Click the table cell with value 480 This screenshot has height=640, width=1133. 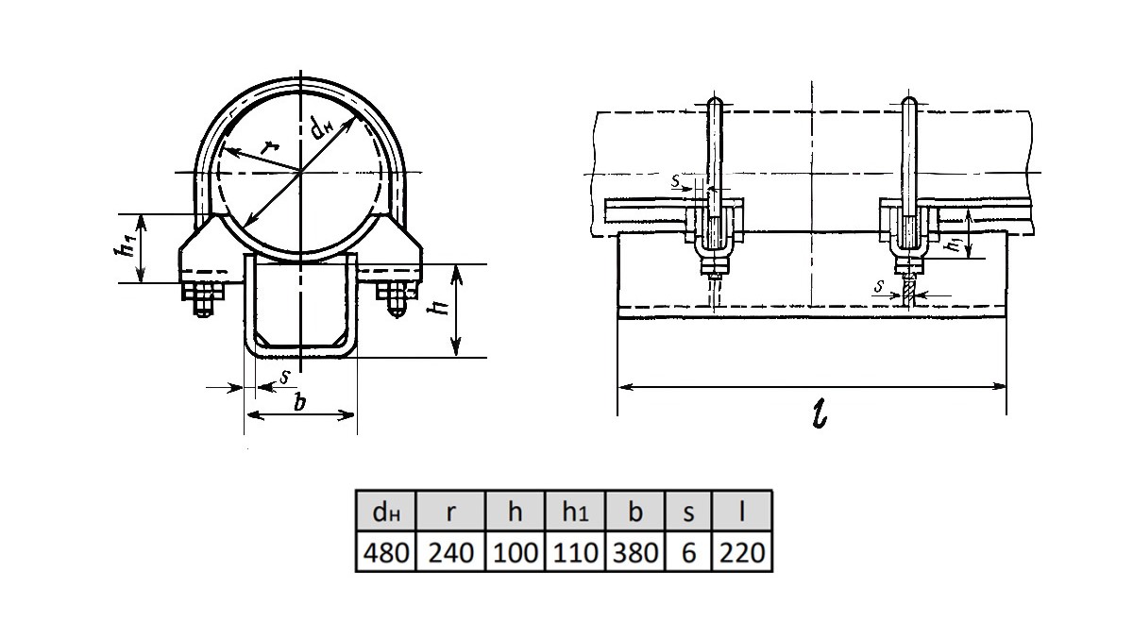click(386, 551)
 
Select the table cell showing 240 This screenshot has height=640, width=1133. click(450, 551)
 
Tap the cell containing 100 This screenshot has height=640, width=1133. click(515, 551)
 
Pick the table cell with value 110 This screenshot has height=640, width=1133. click(575, 551)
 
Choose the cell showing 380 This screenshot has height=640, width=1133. click(635, 551)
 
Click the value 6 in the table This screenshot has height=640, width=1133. click(688, 551)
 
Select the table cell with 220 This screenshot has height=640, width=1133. click(742, 551)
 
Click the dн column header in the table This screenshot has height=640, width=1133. click(386, 511)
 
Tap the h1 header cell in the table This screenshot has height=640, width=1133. click(575, 511)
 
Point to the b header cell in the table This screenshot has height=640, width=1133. click(635, 511)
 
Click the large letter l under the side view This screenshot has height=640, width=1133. click(820, 414)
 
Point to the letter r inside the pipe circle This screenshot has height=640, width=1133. click(270, 147)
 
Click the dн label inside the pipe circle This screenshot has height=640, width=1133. click(322, 127)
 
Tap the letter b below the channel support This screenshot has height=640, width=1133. click(301, 403)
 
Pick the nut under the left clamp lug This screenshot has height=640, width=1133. click(203, 293)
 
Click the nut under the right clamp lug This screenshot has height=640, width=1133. click(396, 292)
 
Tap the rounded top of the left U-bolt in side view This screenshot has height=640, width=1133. click(715, 102)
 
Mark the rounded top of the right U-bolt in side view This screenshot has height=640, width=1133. click(909, 102)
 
